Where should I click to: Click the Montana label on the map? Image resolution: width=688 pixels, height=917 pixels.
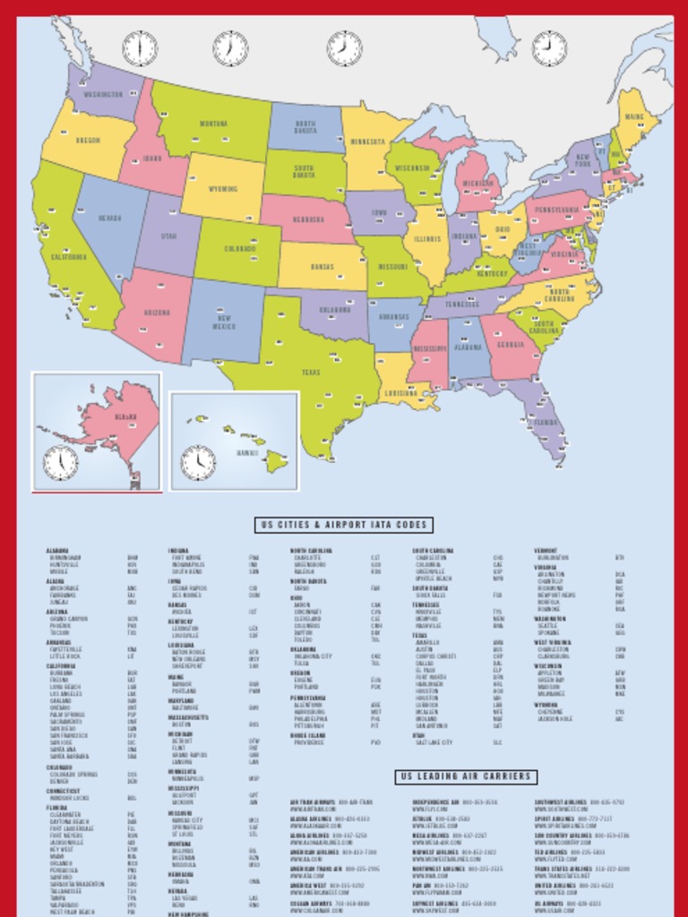(213, 124)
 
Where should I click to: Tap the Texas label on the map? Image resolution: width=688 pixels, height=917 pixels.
(311, 373)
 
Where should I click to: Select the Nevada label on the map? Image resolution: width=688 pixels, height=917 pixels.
(109, 218)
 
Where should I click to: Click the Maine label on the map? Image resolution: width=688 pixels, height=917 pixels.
(634, 117)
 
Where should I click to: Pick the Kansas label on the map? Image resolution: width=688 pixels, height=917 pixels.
(322, 267)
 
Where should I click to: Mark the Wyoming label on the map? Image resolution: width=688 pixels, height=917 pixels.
(222, 190)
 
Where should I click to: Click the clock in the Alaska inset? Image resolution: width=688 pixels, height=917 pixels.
(61, 463)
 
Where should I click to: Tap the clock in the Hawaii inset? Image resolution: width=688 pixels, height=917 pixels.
(198, 463)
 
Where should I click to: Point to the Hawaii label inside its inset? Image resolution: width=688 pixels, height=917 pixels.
(247, 453)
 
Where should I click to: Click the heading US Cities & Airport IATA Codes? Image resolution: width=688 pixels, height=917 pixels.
(344, 526)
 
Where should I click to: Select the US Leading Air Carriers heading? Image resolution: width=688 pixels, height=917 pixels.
(466, 777)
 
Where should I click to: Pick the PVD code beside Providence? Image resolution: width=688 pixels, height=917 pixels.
(376, 742)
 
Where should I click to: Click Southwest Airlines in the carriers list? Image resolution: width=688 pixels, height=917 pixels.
(561, 802)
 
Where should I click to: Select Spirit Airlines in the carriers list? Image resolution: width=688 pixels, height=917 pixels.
(556, 818)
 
